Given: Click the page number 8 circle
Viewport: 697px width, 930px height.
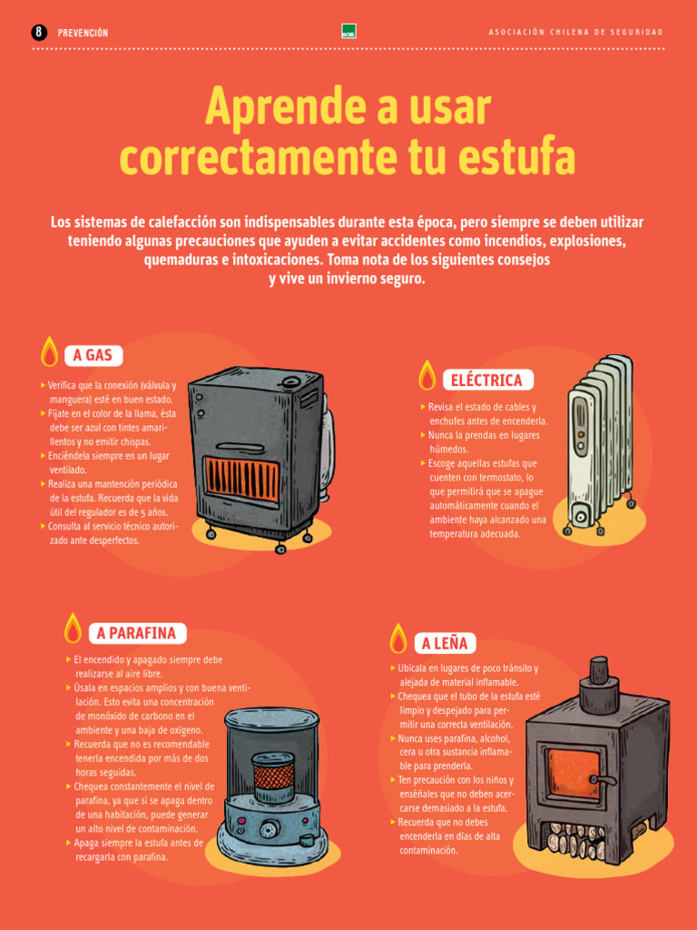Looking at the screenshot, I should tap(39, 32).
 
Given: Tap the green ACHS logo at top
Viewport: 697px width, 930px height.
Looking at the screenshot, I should tap(348, 31).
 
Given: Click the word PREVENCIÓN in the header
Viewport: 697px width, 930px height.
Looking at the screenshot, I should tap(83, 33).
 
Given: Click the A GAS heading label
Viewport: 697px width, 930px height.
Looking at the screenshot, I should tap(93, 355).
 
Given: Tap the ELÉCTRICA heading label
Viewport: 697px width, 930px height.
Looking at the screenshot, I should tap(486, 380).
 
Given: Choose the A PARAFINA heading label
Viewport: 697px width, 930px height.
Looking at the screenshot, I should tap(136, 633).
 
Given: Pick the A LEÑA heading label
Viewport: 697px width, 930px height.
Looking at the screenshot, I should tap(445, 644).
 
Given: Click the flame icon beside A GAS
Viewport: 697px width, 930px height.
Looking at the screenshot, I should tap(50, 351).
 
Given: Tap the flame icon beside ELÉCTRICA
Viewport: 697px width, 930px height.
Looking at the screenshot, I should tap(427, 375).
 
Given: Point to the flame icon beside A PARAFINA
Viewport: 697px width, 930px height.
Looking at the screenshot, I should tap(73, 628).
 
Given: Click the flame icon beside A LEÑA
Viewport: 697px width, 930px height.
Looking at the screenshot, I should tap(398, 639).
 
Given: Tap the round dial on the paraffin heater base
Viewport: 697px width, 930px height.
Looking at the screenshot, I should tap(270, 829).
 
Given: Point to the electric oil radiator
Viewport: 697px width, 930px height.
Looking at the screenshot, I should tap(599, 445).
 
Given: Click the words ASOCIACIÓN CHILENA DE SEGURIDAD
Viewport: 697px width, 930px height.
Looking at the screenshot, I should tap(575, 33).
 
